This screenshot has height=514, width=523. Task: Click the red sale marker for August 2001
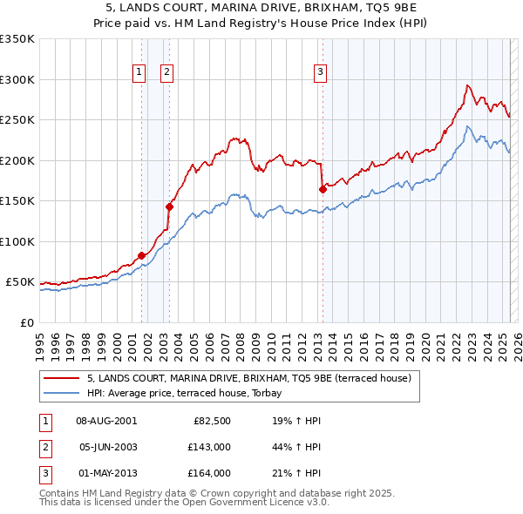coord(141,255)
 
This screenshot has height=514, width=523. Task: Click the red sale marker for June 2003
coord(169,206)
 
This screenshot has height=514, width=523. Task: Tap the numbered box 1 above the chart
coord(139,72)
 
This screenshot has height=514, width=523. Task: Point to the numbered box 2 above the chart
coord(166,72)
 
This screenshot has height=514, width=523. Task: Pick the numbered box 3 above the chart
coord(321,72)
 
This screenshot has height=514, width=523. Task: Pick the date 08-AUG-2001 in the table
coord(106,420)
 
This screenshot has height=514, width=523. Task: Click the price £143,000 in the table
coord(212,446)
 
